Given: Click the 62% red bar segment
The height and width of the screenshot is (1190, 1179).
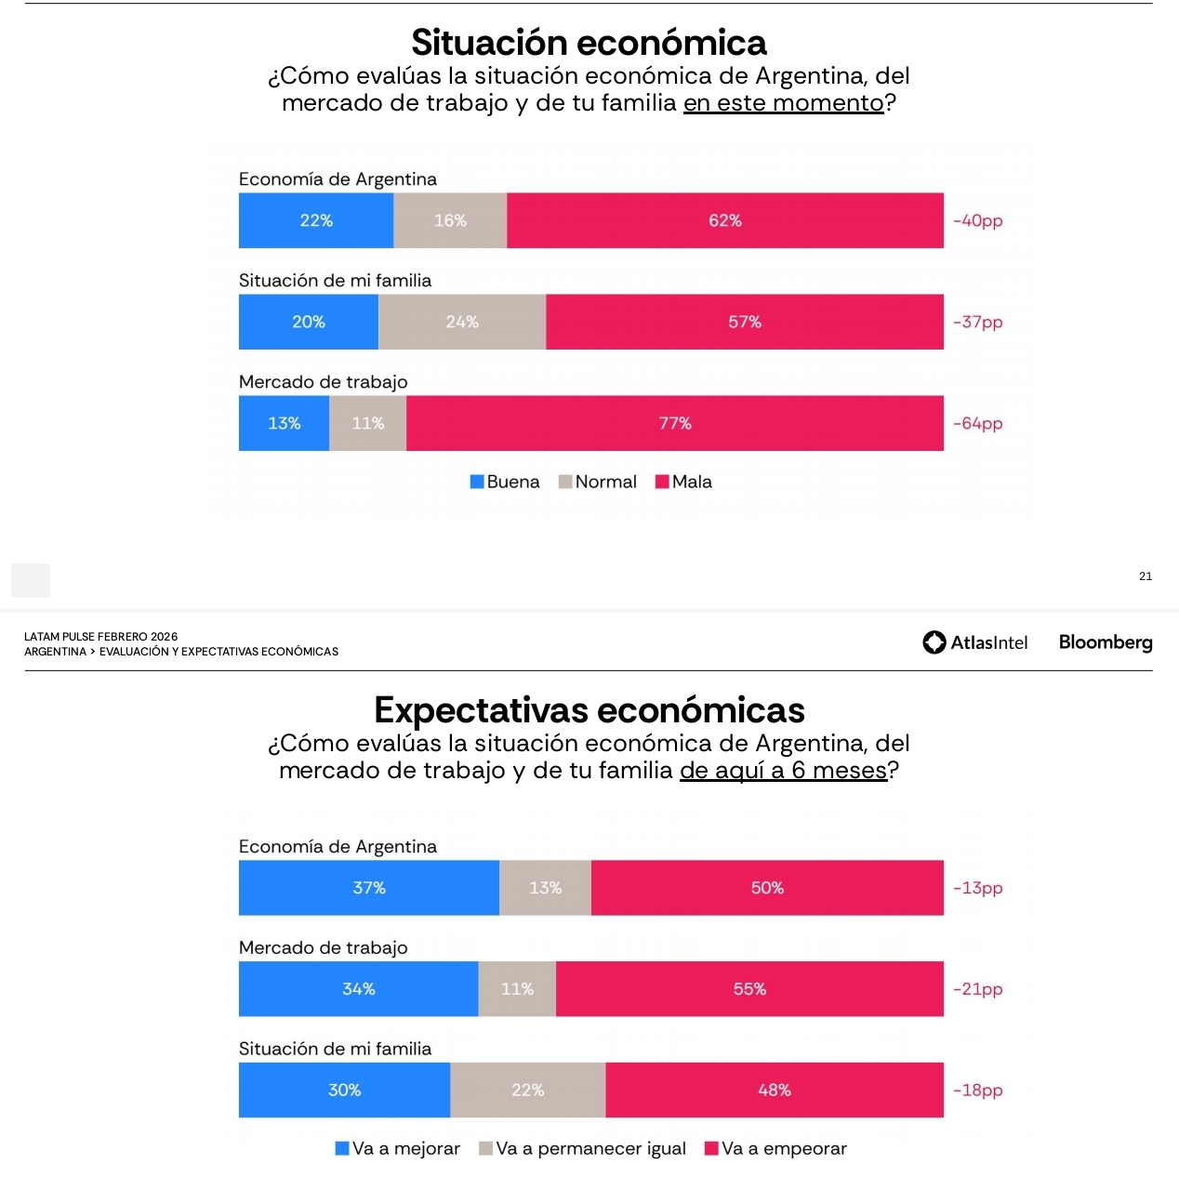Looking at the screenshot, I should (724, 220).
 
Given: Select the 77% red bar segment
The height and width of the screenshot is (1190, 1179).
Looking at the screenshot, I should (674, 423).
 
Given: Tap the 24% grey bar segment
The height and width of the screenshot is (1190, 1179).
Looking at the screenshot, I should (462, 322).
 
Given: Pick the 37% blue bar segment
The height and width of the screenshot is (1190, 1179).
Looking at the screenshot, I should (369, 888).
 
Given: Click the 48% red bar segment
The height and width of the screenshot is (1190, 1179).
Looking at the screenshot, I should (774, 1090).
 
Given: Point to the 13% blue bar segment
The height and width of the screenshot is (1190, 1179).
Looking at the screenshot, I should (284, 423).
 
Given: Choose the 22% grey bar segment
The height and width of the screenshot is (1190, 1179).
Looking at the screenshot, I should (527, 1090).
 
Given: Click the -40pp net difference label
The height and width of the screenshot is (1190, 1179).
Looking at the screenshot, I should (978, 220).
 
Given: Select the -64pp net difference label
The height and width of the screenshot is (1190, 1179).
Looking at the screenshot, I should (978, 423).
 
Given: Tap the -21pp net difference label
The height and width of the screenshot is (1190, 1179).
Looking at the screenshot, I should (978, 989).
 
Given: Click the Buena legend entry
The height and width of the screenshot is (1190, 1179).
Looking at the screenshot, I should (505, 482).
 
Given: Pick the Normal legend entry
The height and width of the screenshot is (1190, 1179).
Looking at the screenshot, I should (597, 482).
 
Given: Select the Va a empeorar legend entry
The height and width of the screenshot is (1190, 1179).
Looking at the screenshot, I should (775, 1148).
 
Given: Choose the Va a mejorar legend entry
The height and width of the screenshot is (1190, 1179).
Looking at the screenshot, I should (398, 1148).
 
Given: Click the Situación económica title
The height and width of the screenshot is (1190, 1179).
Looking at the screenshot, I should (589, 43).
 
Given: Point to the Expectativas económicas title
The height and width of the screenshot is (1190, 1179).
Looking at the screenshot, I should (589, 710).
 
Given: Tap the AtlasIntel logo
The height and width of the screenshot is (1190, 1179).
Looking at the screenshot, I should (975, 642).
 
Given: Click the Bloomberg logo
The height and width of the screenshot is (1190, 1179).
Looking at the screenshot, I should (1106, 642).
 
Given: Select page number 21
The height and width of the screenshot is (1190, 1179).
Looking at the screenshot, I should (1146, 576).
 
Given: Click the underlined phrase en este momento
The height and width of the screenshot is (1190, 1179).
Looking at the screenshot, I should (783, 103).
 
